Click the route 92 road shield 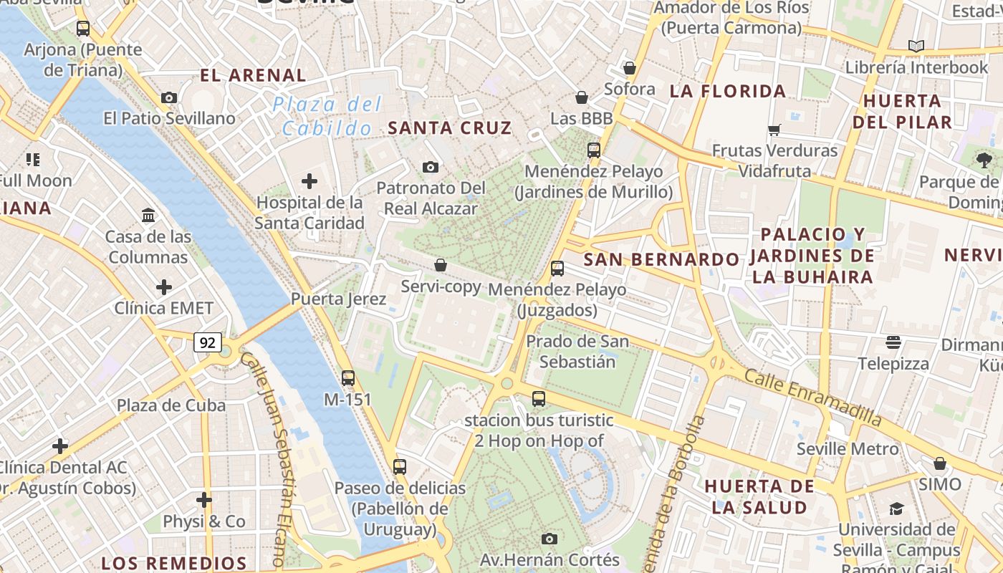(207, 343)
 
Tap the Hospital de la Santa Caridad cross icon (309, 181)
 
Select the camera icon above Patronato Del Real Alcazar (430, 167)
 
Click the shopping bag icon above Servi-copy (441, 265)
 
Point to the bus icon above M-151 (348, 377)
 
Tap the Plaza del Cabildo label (327, 117)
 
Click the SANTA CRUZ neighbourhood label (450, 128)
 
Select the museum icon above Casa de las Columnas (148, 215)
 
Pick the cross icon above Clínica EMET (164, 287)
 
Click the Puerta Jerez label (339, 299)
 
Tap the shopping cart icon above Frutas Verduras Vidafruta (774, 130)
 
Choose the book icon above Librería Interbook (916, 46)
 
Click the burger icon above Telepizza (893, 342)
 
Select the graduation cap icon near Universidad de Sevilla (896, 509)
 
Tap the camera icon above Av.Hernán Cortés (550, 539)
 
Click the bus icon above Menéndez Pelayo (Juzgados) (557, 269)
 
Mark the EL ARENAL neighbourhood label (253, 75)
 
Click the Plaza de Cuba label (171, 405)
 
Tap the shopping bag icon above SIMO (940, 463)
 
